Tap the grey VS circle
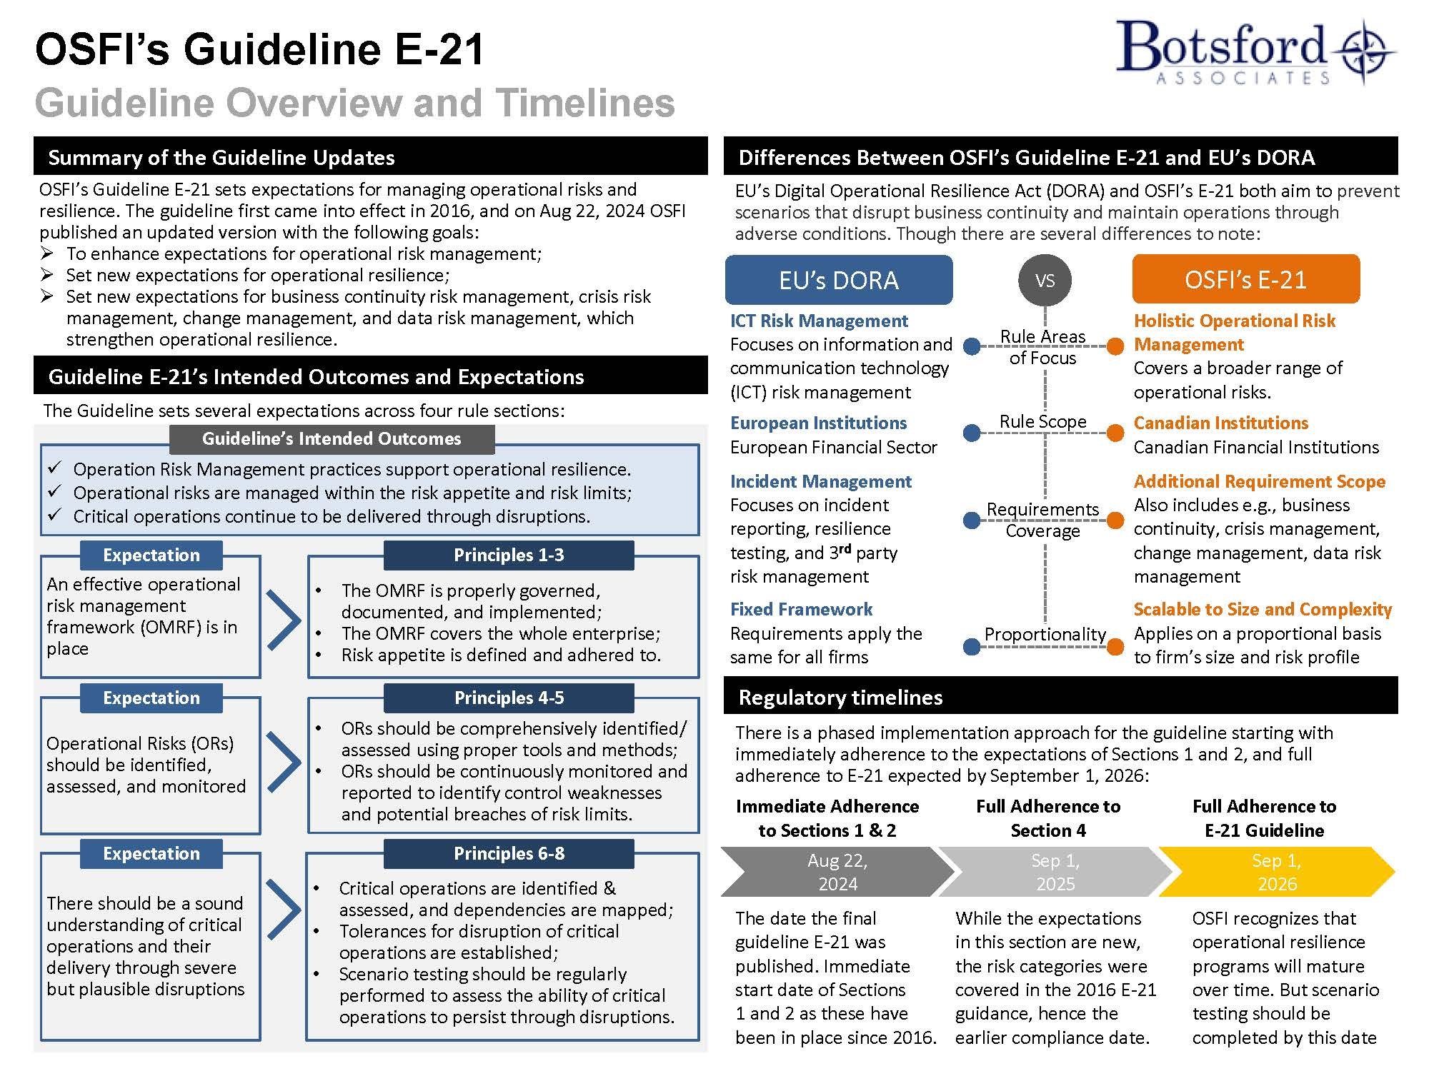[x=1045, y=280]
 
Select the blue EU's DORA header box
[x=838, y=280]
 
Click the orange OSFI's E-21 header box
[x=1245, y=280]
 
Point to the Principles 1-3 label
[x=509, y=555]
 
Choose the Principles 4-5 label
[x=509, y=698]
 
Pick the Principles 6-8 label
[x=509, y=853]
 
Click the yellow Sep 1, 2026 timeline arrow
[x=1276, y=872]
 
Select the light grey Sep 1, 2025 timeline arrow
[x=1055, y=872]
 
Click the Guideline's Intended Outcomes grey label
[x=332, y=439]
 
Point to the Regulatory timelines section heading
[x=840, y=697]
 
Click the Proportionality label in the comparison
[x=1045, y=634]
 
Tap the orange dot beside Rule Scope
[x=1115, y=433]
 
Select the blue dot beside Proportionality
[x=972, y=647]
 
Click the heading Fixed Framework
[x=801, y=609]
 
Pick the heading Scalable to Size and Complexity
[x=1263, y=609]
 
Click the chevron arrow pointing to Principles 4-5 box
[x=284, y=761]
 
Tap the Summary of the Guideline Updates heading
[x=221, y=157]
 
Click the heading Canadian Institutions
[x=1220, y=423]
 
